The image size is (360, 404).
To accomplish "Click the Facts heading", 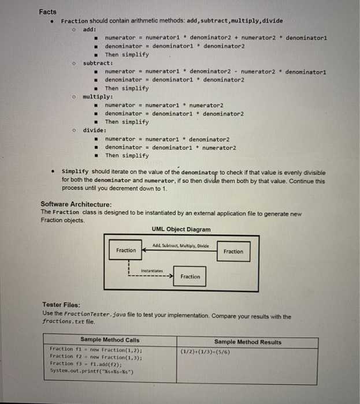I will [48, 12].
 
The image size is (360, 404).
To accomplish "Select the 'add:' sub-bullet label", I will [90, 29].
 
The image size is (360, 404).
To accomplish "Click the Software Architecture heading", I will [76, 204].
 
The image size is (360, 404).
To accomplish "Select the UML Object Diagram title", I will [181, 229].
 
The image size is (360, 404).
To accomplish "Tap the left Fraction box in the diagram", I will [126, 250].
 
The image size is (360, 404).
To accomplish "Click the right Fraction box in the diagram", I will [233, 251].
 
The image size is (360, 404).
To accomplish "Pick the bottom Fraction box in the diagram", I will [190, 276].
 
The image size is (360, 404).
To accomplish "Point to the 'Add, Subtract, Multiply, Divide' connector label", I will [179, 246].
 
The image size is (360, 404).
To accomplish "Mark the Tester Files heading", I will [61, 305].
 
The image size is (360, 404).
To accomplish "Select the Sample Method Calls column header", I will [110, 341].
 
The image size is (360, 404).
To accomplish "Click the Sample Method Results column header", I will [247, 342].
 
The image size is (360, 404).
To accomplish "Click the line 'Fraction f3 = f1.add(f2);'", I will [81, 364].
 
